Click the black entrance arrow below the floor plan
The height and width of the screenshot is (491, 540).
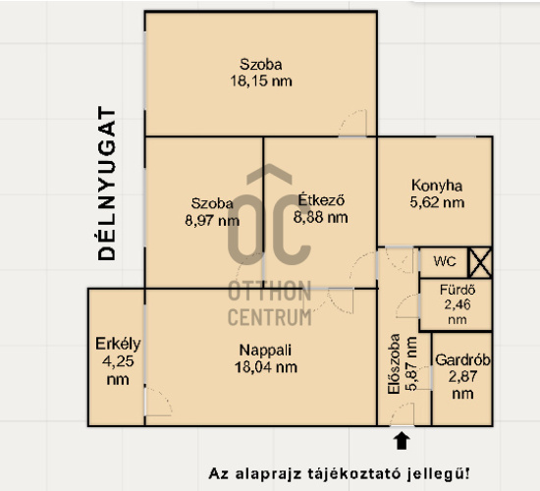402,441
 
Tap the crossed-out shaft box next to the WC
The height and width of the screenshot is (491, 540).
480,262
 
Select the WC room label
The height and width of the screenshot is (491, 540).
445,261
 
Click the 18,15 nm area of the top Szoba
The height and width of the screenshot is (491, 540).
261,82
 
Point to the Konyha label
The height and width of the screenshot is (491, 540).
437,186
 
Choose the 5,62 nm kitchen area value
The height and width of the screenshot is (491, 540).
437,202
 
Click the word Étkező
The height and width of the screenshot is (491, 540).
321,199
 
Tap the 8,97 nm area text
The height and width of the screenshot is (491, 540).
212,221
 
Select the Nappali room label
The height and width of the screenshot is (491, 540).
265,351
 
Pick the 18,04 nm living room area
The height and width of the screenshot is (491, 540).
266,367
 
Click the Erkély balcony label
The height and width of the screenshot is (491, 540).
118,344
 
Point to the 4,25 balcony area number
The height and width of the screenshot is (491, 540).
118,361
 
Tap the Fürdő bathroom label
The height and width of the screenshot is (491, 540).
458,290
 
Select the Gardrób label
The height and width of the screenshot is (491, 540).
462,360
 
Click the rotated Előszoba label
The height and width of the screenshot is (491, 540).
394,364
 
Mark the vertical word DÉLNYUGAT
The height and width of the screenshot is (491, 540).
107,184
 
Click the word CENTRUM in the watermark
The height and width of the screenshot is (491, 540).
270,317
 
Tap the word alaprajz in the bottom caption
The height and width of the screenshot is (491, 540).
264,473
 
